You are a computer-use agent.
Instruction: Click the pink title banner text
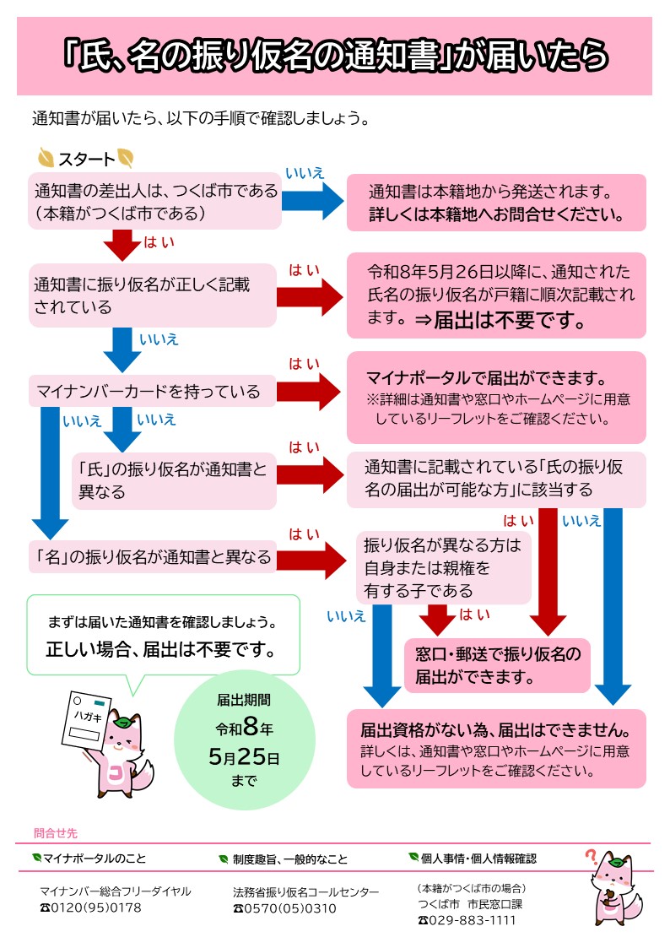[335, 56]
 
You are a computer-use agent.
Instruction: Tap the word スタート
[86, 159]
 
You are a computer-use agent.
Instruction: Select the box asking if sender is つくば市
[154, 202]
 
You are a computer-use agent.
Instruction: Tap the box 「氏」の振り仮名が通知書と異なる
[174, 480]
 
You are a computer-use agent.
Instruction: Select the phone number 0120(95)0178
[96, 909]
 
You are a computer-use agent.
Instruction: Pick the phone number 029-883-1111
[473, 920]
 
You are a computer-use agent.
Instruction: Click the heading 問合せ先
[56, 833]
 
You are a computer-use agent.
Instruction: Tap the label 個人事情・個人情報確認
[478, 859]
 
